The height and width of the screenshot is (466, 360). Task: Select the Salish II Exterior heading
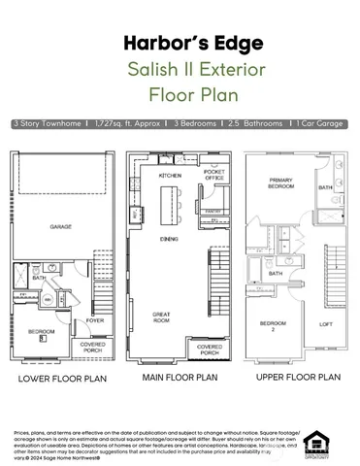180,70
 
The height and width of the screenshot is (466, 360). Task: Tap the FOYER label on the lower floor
95,317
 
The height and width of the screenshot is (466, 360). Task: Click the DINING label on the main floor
169,237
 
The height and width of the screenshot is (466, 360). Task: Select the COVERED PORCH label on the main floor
210,349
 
